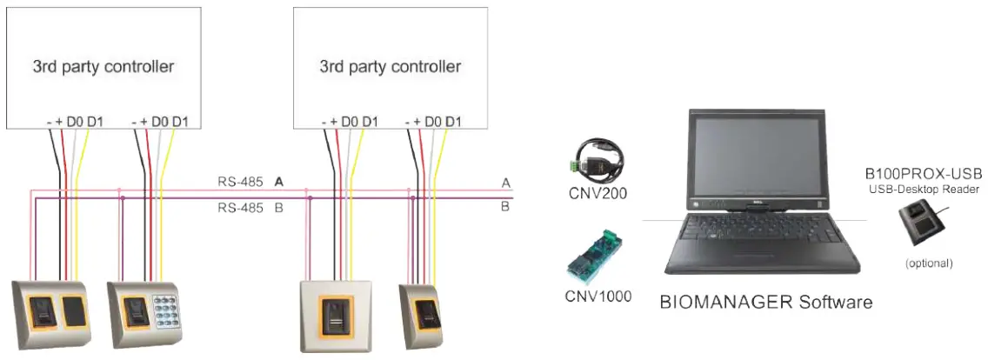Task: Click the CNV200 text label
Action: (599, 193)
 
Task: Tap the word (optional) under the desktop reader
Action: (929, 263)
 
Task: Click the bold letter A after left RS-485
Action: (279, 182)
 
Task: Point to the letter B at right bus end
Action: (504, 207)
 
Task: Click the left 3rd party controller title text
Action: (103, 66)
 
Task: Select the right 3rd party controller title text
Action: (391, 66)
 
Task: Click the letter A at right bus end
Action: (504, 183)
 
